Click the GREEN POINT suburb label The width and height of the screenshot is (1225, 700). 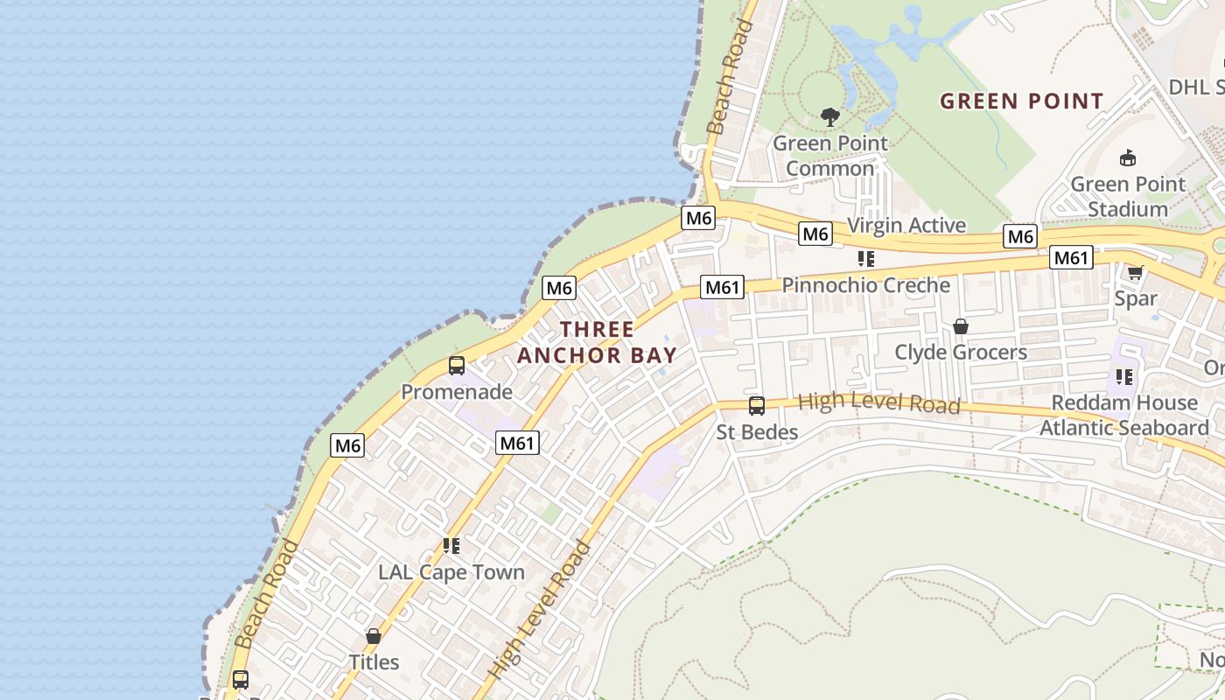tap(1021, 101)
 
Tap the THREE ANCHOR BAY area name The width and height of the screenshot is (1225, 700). tap(597, 342)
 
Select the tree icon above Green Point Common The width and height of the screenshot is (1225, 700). tap(829, 116)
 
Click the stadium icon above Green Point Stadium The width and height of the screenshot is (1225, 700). tap(1128, 158)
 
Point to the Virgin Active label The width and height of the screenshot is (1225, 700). tap(906, 225)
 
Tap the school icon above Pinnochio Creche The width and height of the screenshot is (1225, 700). tap(866, 259)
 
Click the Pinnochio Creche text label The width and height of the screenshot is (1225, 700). tap(865, 285)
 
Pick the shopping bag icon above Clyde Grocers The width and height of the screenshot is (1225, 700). tap(960, 326)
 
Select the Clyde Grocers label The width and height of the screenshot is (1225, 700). tap(960, 352)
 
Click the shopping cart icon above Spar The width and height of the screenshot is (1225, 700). tap(1136, 273)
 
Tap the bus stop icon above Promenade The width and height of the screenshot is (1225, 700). tap(456, 366)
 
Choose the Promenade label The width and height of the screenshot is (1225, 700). tap(457, 391)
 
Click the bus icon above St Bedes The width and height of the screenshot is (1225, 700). tap(757, 406)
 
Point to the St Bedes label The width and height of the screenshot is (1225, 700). tap(757, 432)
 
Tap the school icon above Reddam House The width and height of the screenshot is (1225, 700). tap(1124, 377)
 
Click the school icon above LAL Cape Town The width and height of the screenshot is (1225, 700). tap(451, 547)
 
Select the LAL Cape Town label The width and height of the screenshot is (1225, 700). tap(451, 572)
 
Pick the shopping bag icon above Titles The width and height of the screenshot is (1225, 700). tap(374, 636)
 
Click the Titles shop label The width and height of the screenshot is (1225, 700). tap(374, 662)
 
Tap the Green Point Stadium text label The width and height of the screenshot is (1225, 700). tap(1128, 197)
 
